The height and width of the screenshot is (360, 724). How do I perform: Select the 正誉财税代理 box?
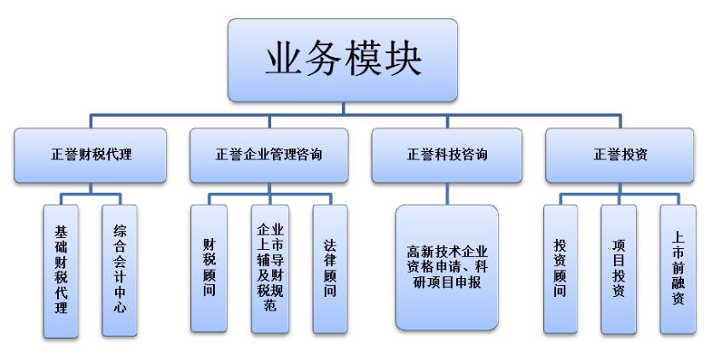96,155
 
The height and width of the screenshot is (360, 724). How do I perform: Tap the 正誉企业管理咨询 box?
268,155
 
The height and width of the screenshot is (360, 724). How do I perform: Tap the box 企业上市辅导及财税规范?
268,267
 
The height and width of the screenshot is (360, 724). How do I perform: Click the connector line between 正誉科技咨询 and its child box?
446,193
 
